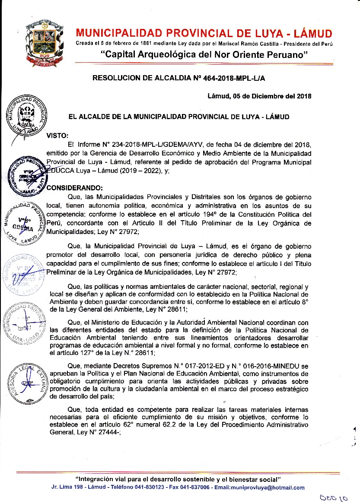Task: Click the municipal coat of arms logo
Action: (42, 42)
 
